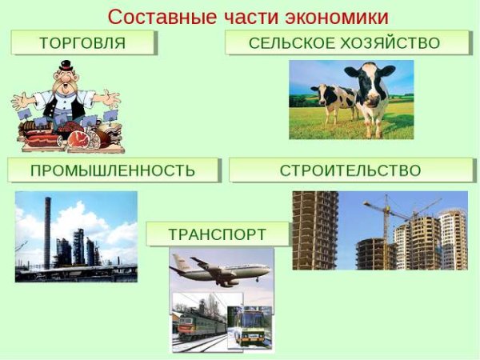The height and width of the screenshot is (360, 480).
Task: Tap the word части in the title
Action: (243, 16)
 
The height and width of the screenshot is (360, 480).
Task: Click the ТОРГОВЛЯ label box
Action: (83, 42)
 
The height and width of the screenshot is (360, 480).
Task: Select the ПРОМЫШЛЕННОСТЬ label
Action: (112, 170)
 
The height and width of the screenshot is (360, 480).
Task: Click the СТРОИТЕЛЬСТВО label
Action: (350, 170)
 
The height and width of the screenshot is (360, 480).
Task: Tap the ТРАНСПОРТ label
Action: (217, 234)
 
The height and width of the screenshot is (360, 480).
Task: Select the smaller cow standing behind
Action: (333, 100)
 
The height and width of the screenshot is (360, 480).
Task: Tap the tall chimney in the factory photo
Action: (47, 231)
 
